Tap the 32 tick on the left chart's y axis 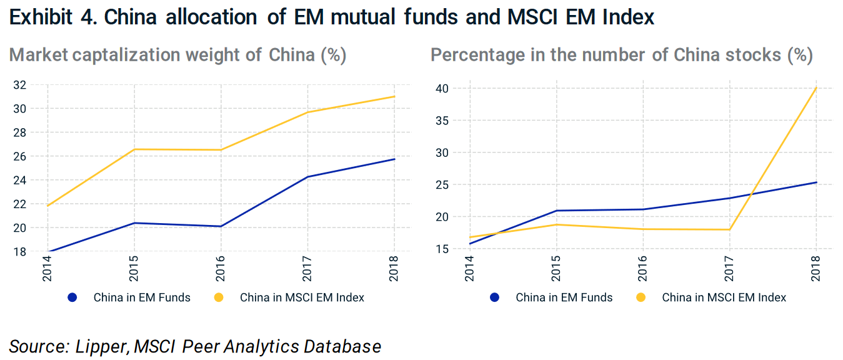(x=21, y=85)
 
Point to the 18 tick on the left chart (x=21, y=251)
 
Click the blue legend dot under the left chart (x=72, y=297)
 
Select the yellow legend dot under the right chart (x=641, y=297)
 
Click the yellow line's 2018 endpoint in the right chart (x=816, y=88)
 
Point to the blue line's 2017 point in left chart (x=307, y=177)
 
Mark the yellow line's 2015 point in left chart (x=134, y=149)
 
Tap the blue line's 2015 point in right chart (x=556, y=211)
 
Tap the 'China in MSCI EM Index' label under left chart (x=302, y=297)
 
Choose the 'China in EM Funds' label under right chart (x=564, y=297)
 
